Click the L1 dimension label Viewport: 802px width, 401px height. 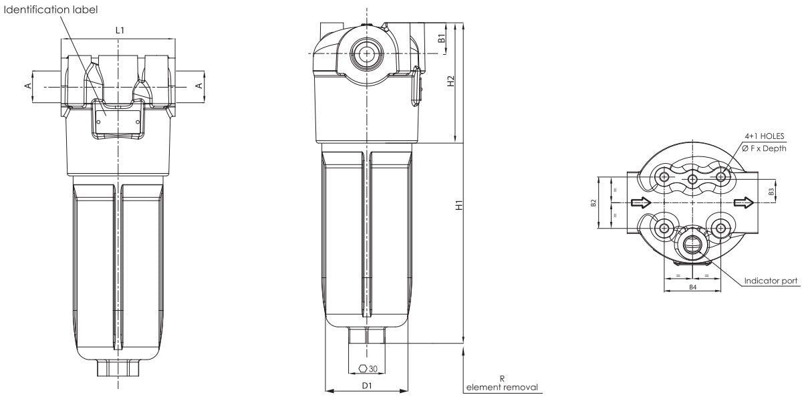(119, 31)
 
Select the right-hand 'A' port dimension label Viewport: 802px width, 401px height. (198, 85)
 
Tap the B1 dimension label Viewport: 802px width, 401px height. (441, 39)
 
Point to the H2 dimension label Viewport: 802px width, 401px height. (451, 81)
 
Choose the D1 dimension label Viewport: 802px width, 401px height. (366, 386)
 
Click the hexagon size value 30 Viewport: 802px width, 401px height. (374, 368)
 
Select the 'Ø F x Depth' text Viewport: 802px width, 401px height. (768, 148)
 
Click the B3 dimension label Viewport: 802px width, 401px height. (771, 191)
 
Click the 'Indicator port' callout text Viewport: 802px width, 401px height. (771, 281)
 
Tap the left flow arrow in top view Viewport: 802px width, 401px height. (640, 203)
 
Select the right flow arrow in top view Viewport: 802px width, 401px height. (742, 203)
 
